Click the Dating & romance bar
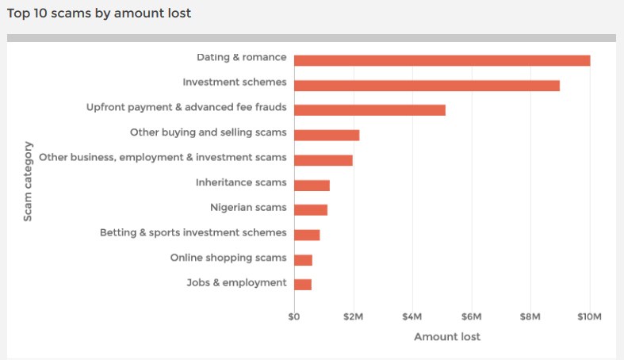(x=442, y=60)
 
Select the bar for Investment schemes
(x=427, y=86)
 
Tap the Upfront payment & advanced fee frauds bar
(x=369, y=110)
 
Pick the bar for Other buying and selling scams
(x=327, y=135)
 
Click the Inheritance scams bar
(x=312, y=185)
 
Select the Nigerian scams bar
(x=311, y=210)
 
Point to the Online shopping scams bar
(x=303, y=260)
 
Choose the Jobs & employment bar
(x=303, y=285)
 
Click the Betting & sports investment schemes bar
(x=307, y=235)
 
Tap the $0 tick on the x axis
(x=294, y=316)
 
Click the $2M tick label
(x=353, y=316)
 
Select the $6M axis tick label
(x=471, y=316)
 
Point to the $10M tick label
(x=589, y=316)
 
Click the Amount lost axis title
(x=447, y=336)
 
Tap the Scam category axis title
(x=28, y=181)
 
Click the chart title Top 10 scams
(x=99, y=13)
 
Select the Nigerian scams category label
(x=247, y=208)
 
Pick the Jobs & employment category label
(x=236, y=282)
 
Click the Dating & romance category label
(x=241, y=57)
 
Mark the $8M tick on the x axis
(x=530, y=316)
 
